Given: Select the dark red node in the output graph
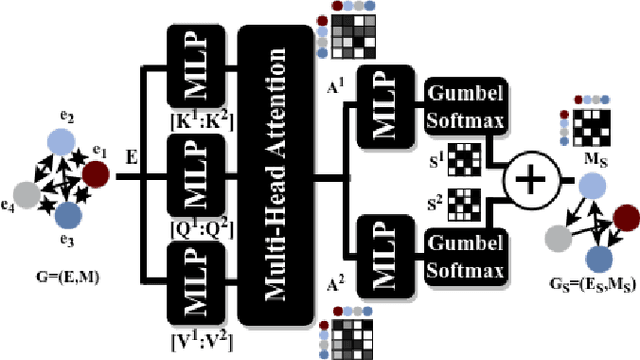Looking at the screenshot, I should (625, 217).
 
